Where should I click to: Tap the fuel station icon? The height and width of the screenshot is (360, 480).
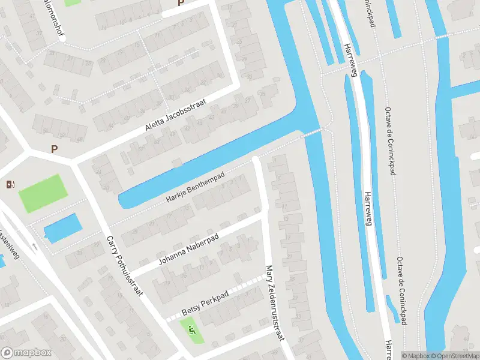(10, 184)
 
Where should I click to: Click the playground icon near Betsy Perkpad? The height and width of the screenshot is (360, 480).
(192, 329)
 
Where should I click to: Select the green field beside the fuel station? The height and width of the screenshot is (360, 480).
(41, 193)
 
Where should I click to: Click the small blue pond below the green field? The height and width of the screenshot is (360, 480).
(62, 227)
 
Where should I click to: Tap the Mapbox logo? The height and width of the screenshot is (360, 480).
(26, 353)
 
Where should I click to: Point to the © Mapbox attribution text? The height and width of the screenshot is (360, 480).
(415, 356)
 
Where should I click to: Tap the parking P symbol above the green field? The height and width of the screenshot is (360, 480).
(55, 149)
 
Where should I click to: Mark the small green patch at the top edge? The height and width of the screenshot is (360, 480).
(72, 2)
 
